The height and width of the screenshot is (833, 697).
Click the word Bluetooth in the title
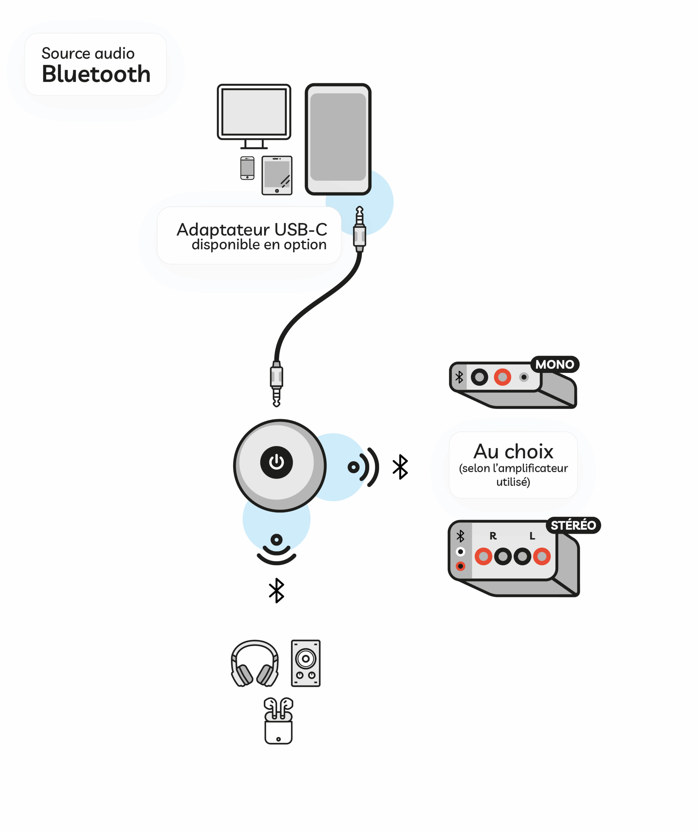click(96, 74)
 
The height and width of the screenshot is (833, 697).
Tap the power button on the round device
click(276, 462)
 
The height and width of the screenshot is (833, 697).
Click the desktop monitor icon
click(254, 116)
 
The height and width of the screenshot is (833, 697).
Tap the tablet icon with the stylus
click(277, 175)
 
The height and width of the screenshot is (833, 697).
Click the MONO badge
click(554, 364)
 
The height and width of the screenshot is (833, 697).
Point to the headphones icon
click(255, 663)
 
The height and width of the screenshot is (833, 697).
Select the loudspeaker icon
click(305, 663)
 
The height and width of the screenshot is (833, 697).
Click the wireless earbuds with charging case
click(278, 721)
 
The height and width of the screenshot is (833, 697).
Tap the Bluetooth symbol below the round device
click(276, 590)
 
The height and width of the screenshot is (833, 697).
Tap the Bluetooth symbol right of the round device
click(400, 467)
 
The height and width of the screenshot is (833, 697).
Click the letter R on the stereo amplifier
click(493, 536)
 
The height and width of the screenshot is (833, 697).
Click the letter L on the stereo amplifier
click(532, 536)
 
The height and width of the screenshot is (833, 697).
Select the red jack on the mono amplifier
click(502, 377)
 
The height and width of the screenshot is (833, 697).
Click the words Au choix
click(513, 451)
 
